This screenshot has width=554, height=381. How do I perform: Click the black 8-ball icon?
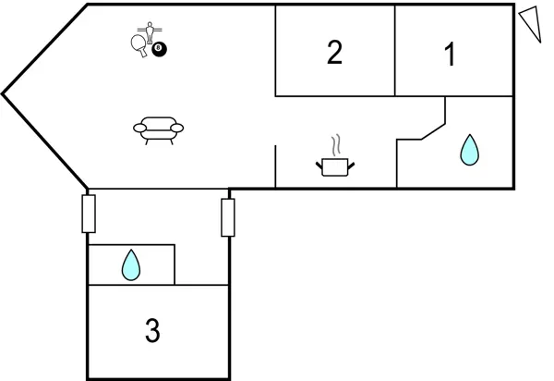160,48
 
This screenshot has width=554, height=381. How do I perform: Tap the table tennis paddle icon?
139,43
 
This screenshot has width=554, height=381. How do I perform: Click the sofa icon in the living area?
158,128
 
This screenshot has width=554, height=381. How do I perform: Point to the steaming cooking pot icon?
335,166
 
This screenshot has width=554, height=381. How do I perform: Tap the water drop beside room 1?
470,150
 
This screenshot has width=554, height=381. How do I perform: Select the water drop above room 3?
131,266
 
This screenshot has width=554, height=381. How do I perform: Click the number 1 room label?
450,55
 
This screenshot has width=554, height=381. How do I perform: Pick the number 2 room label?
334,53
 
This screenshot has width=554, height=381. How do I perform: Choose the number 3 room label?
152,329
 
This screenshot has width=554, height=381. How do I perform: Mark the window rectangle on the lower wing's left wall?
89,214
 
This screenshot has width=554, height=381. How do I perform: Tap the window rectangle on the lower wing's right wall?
228,217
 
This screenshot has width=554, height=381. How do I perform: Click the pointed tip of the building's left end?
4,93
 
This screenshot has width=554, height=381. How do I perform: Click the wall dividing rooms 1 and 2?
395,50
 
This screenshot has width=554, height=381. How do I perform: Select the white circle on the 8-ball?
160,47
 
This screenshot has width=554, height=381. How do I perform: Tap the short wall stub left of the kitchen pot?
276,166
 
